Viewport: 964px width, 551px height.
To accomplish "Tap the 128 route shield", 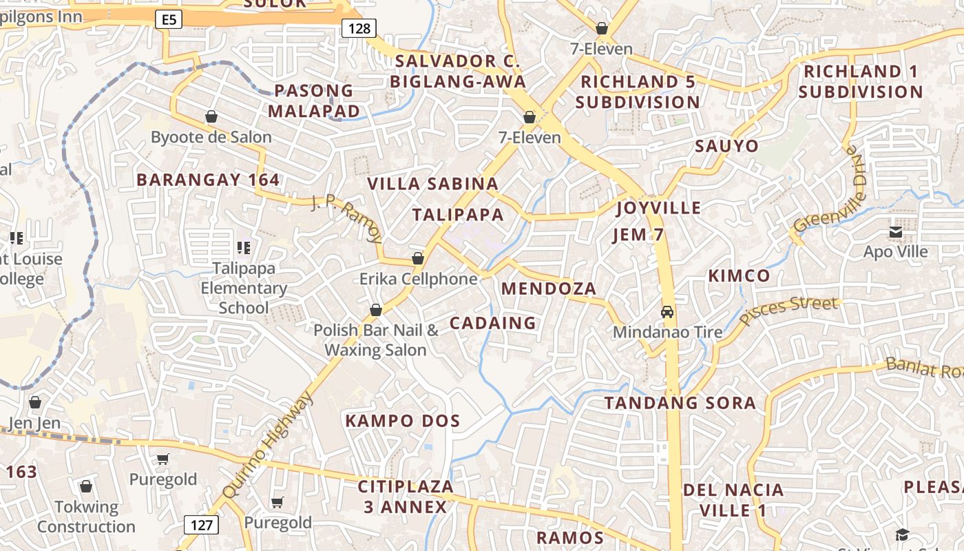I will tap(359, 28).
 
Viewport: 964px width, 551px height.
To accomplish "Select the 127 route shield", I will tap(201, 525).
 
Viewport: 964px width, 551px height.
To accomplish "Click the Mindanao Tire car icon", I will tap(667, 312).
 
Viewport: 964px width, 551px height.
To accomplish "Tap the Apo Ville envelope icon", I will tap(896, 233).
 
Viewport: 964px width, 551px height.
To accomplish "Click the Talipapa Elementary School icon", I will tap(243, 247).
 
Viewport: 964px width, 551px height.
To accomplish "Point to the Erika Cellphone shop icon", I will tap(417, 258).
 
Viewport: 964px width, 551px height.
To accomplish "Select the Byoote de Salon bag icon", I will tap(211, 116).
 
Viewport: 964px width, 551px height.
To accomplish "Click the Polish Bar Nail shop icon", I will tap(376, 310).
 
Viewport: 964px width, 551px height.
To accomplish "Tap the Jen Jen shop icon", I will tap(35, 402).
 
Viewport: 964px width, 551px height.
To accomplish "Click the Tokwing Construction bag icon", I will tap(86, 487).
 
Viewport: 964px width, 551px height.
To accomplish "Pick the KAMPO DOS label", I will tap(403, 421).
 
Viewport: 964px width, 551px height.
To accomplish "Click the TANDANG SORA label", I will tap(680, 403).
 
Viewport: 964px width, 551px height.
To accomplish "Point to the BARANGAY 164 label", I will tap(208, 180).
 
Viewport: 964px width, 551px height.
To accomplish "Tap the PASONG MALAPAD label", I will tap(314, 101).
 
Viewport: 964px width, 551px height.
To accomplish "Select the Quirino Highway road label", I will tap(269, 446).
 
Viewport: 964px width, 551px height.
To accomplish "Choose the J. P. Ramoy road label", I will tap(346, 219).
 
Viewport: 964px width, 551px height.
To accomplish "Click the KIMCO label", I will tap(740, 276).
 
